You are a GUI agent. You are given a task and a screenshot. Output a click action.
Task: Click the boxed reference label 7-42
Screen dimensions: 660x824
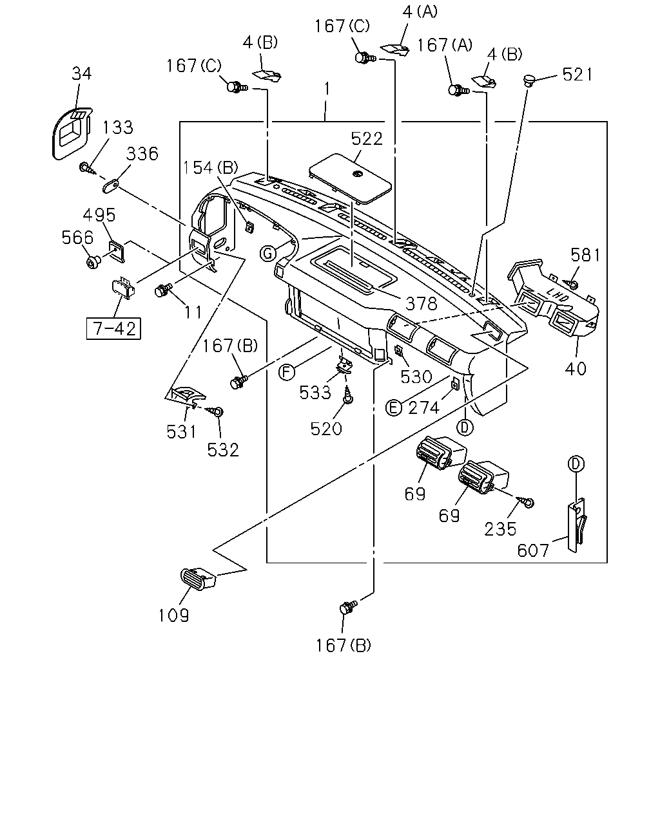coord(113,328)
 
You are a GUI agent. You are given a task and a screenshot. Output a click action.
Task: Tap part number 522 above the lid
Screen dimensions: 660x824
coord(367,138)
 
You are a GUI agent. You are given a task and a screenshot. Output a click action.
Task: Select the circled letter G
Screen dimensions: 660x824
coord(267,253)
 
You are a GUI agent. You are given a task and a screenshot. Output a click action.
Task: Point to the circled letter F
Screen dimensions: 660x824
coord(287,372)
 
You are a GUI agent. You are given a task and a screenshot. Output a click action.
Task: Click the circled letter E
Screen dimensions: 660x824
coord(393,407)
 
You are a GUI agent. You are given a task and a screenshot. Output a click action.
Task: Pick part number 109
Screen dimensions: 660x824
coord(174,615)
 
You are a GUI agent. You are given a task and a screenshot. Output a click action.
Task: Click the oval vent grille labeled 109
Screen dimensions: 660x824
coord(197,578)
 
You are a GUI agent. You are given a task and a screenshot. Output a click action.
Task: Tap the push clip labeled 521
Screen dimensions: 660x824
coord(529,81)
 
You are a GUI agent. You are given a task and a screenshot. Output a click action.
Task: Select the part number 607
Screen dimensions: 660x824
coord(533,550)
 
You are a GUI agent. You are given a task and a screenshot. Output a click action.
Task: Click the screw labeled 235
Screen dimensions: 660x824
coord(526,501)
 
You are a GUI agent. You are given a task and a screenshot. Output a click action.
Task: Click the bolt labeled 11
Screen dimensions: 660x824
coord(162,290)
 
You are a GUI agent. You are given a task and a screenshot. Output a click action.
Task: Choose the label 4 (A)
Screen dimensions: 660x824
coord(420,12)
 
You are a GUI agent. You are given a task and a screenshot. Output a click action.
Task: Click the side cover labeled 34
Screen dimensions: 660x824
coord(72,133)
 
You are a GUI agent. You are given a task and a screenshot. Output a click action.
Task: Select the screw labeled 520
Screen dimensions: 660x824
coord(348,394)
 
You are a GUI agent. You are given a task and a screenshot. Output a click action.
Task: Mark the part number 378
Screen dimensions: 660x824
coord(422,304)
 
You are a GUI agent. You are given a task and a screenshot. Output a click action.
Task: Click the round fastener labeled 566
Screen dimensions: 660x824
coord(93,262)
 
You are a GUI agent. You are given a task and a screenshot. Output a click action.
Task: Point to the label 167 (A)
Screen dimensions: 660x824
coord(445,45)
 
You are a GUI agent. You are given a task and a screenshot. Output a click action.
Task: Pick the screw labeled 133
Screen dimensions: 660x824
coord(88,169)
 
